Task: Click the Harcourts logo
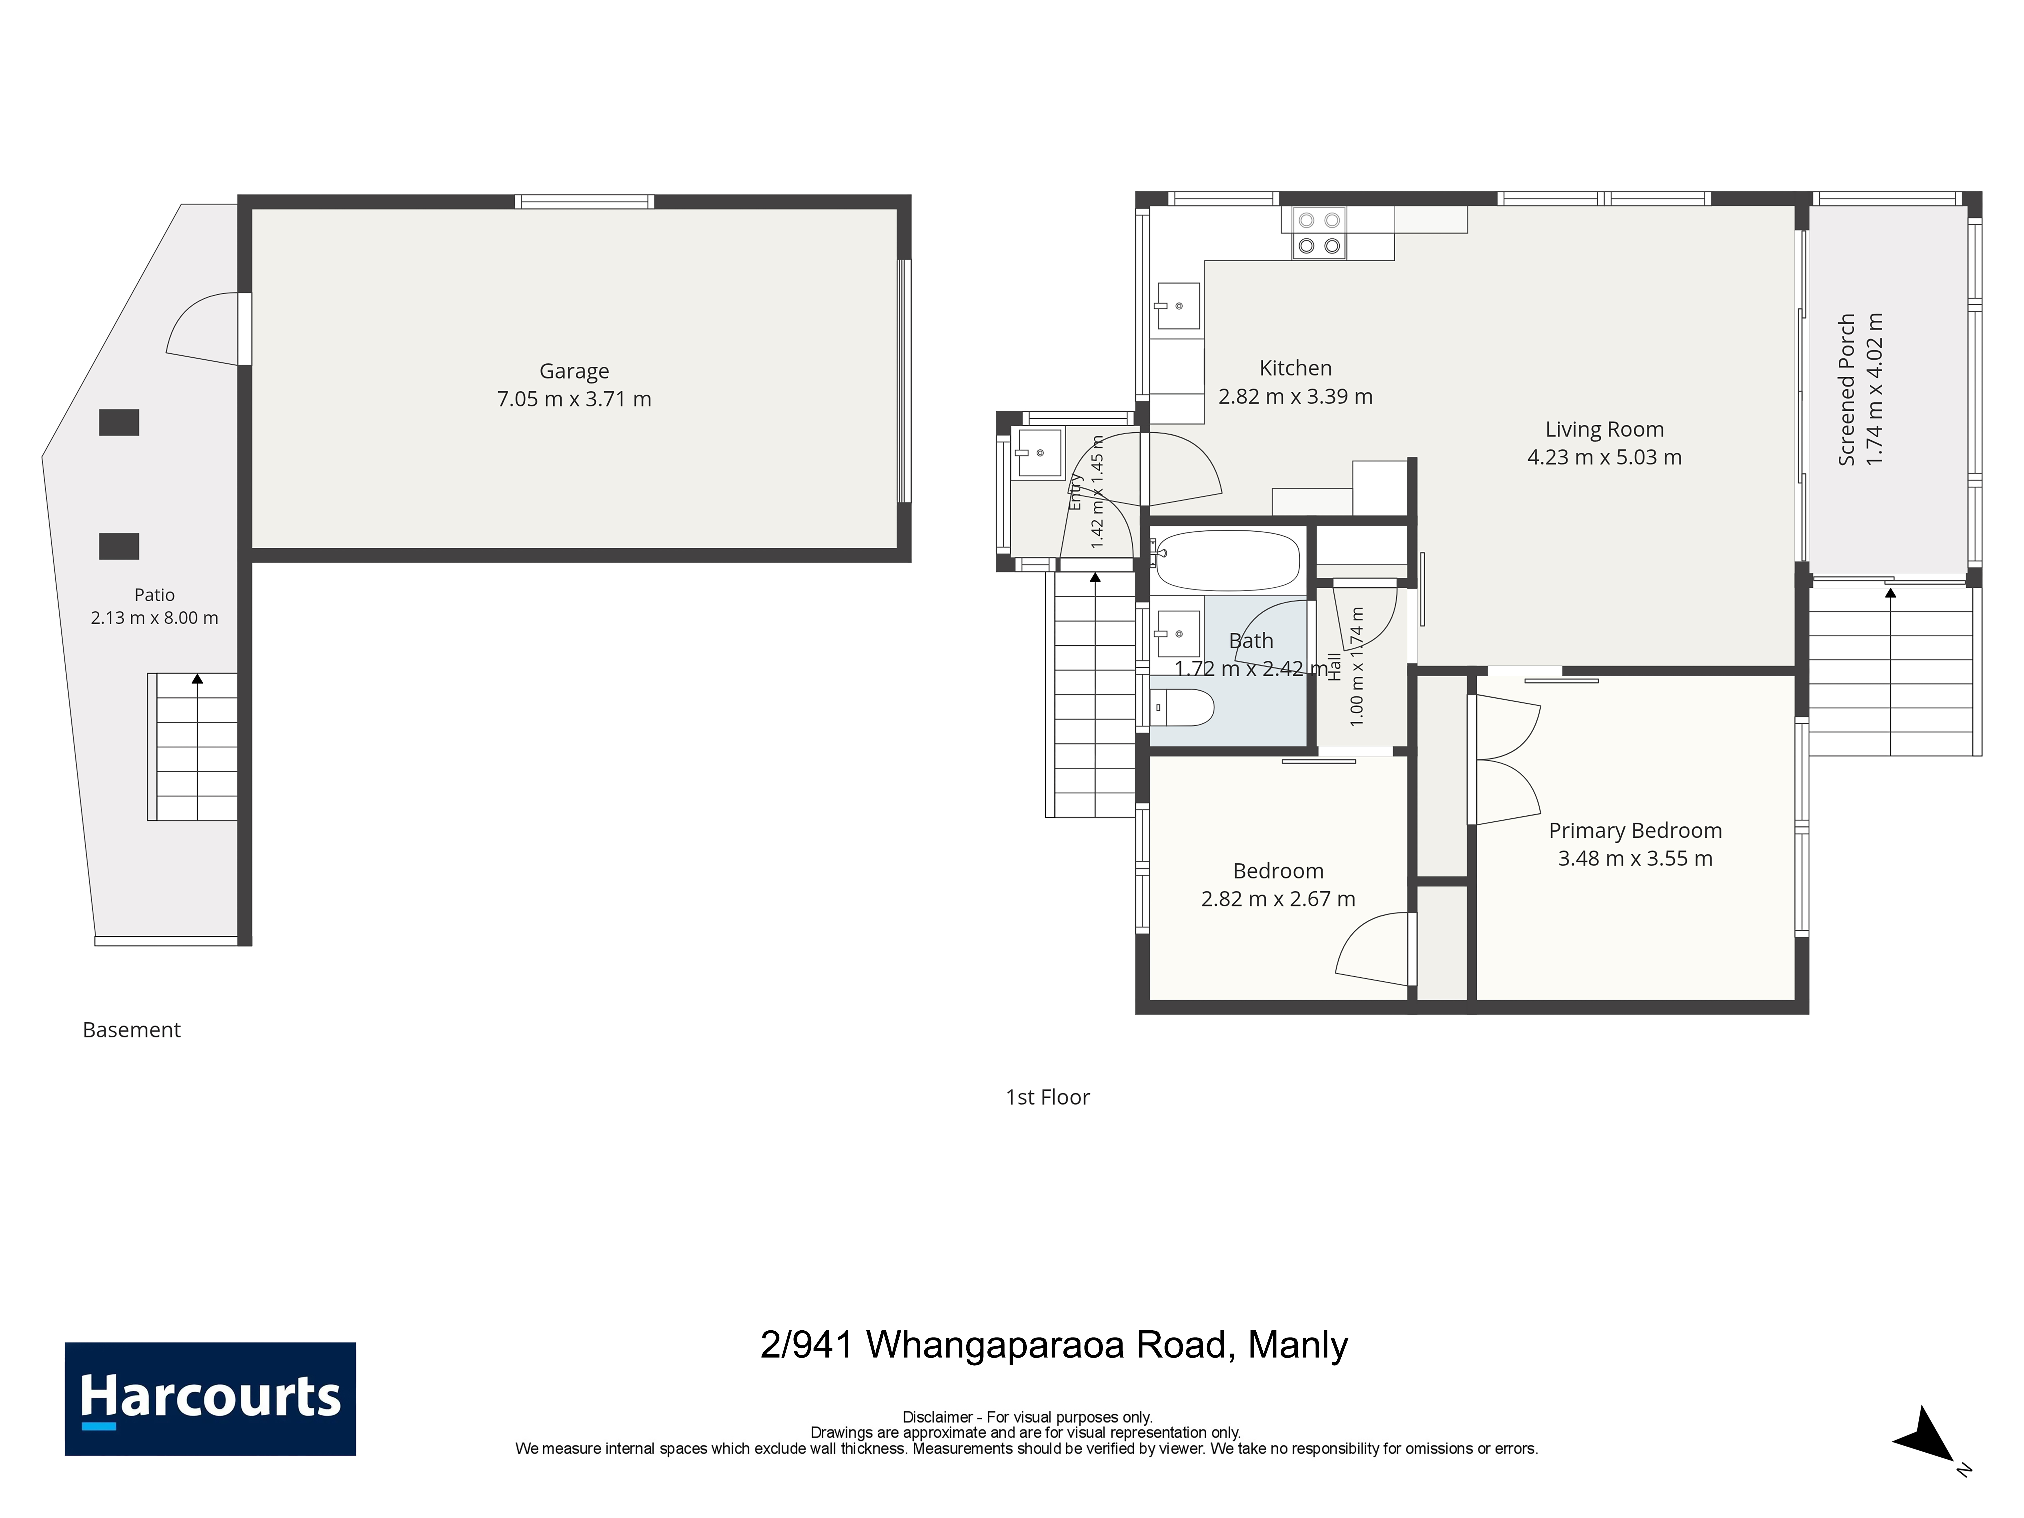click(x=210, y=1398)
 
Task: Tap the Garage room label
click(x=574, y=371)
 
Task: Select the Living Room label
click(x=1604, y=429)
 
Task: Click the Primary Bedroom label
click(x=1635, y=831)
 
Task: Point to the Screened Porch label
click(x=1846, y=390)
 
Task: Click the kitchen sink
click(x=1177, y=306)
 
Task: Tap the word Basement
click(x=132, y=1030)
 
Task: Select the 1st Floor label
click(x=1048, y=1097)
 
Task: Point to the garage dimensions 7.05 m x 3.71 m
click(x=574, y=399)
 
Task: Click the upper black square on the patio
click(x=119, y=422)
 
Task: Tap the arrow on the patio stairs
click(x=197, y=678)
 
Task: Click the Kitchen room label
click(x=1295, y=368)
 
